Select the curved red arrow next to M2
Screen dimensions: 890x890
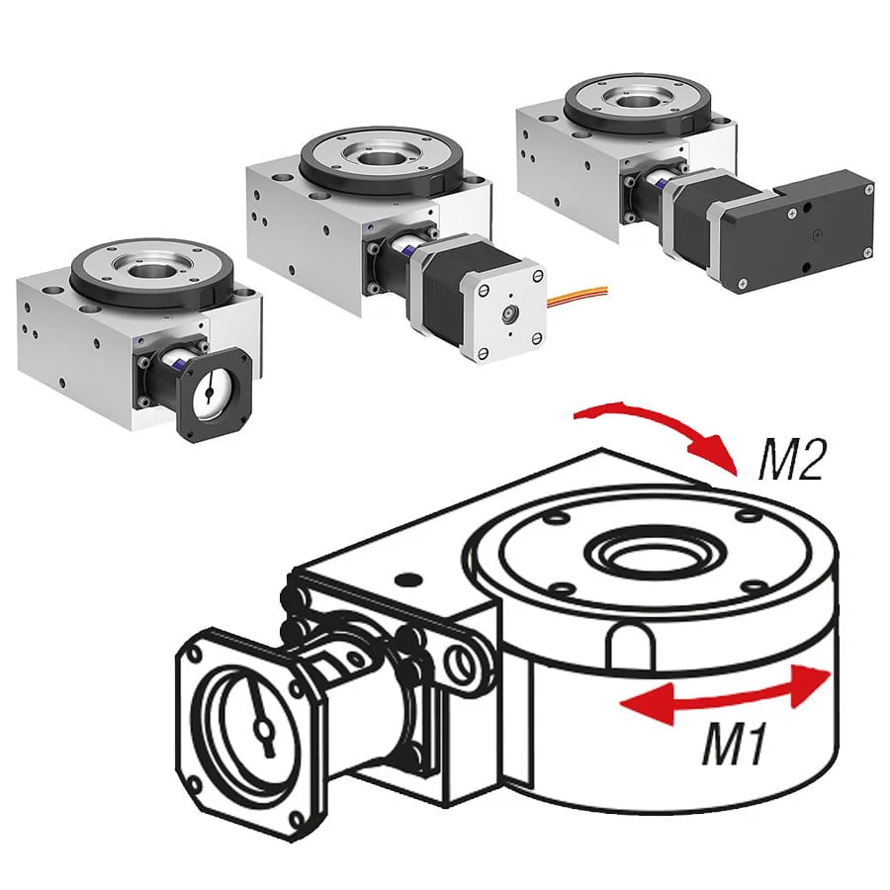[672, 425]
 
